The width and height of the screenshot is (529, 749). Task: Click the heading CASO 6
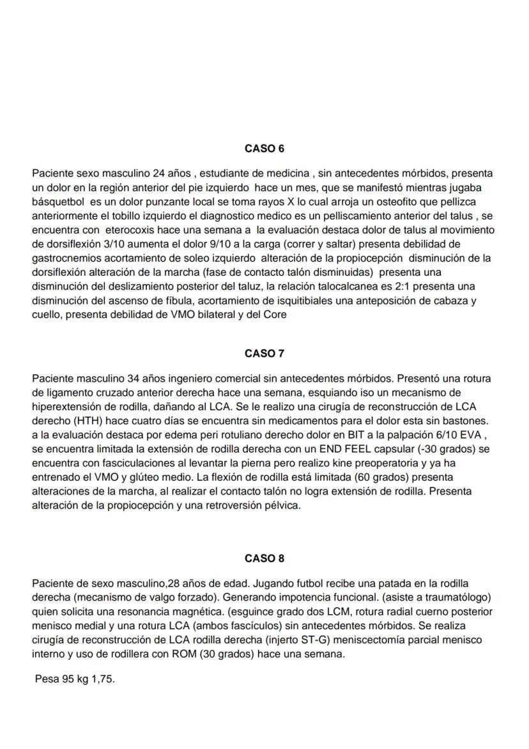click(264, 148)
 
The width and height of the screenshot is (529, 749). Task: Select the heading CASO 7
click(264, 353)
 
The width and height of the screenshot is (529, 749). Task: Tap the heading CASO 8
click(264, 558)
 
